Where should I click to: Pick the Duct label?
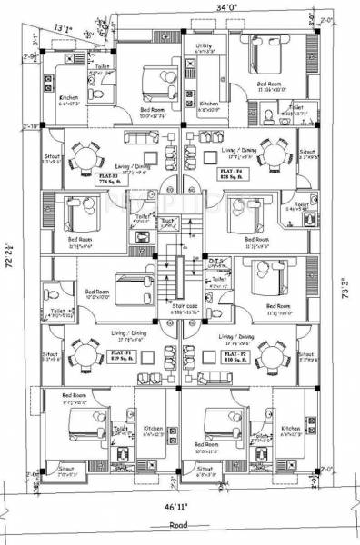166,221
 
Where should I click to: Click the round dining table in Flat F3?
84,154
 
